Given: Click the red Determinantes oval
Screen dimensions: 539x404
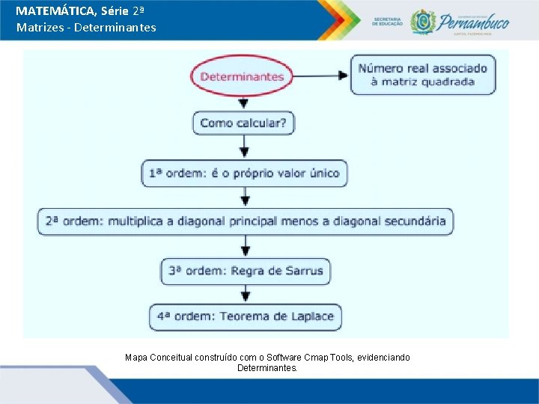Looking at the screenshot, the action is [x=242, y=76].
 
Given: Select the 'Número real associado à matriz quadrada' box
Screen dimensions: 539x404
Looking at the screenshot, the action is [x=422, y=75].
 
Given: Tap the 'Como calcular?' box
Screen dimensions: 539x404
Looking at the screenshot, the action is [x=243, y=123].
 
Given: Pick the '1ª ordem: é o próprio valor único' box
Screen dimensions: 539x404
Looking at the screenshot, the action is [x=244, y=174].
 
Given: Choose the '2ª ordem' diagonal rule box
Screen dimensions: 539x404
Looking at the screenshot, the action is [x=246, y=221].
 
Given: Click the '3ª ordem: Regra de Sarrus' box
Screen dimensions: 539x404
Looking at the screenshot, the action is [x=246, y=270].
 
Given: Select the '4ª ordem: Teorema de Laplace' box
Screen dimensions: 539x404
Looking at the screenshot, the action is [x=246, y=316].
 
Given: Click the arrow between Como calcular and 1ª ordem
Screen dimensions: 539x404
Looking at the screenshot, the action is [x=245, y=148].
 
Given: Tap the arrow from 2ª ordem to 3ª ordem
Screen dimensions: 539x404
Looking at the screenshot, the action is [x=245, y=246].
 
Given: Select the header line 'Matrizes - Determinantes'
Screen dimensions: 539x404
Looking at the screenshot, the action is [x=86, y=28].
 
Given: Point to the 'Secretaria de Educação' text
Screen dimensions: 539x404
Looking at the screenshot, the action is [x=387, y=22].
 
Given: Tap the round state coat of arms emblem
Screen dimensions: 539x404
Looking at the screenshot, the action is [x=424, y=21].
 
